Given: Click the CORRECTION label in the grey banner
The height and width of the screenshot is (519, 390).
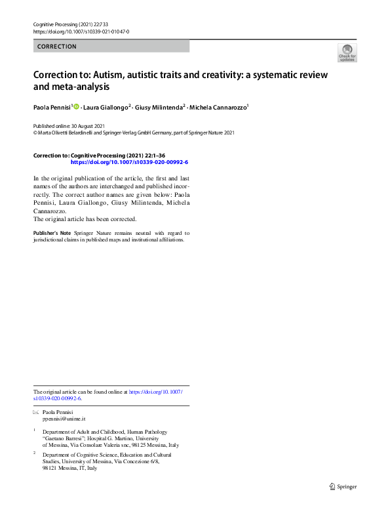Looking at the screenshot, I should point(58,47).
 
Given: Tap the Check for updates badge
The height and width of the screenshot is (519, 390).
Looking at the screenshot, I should point(347,53).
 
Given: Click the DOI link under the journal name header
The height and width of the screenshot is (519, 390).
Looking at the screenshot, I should point(81,31).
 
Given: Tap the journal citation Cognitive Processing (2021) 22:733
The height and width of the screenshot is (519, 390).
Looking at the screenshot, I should point(71,24).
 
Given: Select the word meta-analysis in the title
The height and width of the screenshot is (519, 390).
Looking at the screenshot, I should point(79,86).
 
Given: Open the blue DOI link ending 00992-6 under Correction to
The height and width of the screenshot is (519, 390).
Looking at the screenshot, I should point(129,161).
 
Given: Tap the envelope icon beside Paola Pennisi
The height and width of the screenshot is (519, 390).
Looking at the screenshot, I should point(36,411).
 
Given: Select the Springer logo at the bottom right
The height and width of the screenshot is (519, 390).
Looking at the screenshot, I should point(343,486).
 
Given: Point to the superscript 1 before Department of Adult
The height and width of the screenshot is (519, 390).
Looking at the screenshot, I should point(35,431).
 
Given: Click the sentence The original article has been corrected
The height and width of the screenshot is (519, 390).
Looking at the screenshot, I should point(85,219).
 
